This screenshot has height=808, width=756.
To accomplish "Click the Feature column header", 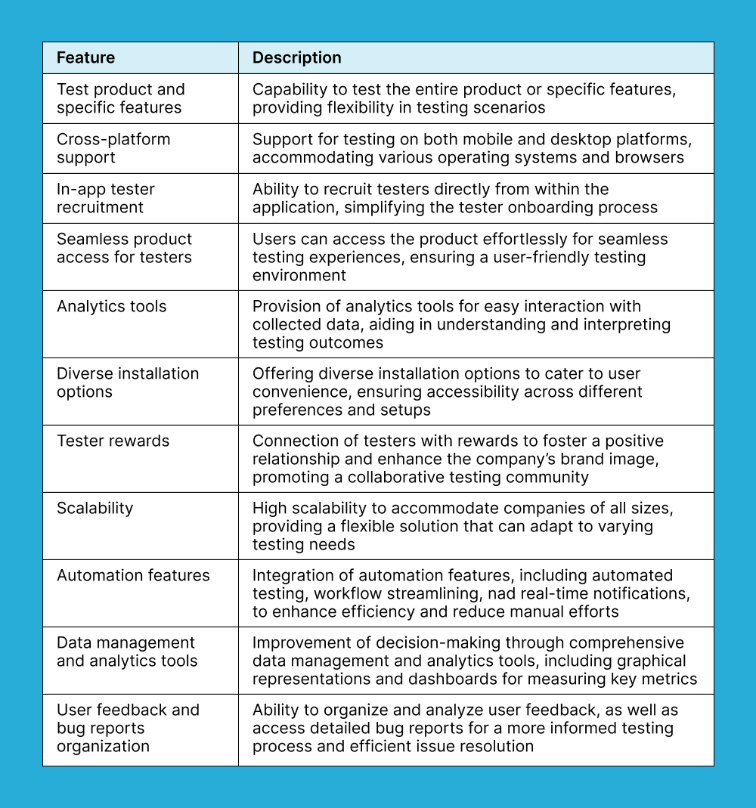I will [85, 58].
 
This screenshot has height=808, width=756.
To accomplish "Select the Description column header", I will [296, 58].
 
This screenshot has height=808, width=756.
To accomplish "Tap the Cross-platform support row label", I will [113, 148].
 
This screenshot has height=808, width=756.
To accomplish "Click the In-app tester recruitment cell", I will [105, 198].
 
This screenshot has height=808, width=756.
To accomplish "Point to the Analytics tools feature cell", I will [111, 306].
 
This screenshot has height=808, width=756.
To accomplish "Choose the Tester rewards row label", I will [113, 441].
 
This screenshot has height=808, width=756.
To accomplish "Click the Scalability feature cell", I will [94, 508].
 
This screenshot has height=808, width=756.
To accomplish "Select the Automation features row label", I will [133, 575].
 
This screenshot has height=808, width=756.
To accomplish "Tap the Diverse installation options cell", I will [127, 382].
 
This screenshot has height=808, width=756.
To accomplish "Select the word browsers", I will [655, 157].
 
